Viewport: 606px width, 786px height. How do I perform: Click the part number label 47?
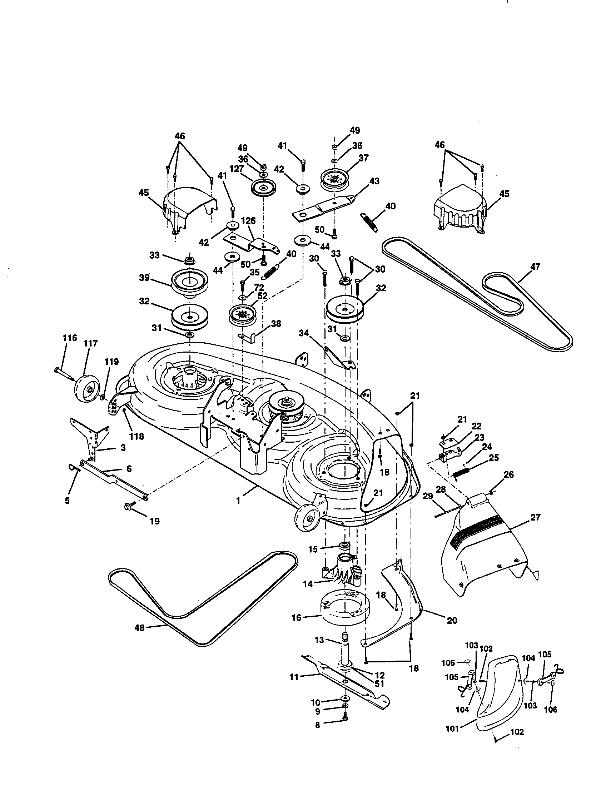(x=535, y=267)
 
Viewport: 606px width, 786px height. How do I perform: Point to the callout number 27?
(x=536, y=518)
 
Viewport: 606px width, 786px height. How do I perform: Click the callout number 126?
(x=248, y=220)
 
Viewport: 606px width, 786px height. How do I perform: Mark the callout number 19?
(x=154, y=521)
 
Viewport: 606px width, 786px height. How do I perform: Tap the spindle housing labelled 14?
(x=342, y=572)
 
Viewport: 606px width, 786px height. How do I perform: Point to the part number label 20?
(x=452, y=620)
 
